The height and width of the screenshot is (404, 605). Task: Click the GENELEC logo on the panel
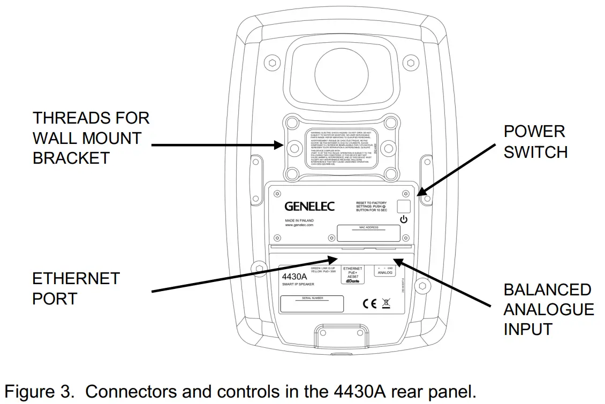pyautogui.click(x=309, y=206)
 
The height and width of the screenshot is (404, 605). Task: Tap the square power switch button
pyautogui.click(x=403, y=206)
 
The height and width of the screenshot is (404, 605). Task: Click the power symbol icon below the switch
pyautogui.click(x=403, y=219)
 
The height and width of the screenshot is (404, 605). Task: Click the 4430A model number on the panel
pyautogui.click(x=294, y=276)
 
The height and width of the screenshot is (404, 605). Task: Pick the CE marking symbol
pyautogui.click(x=369, y=304)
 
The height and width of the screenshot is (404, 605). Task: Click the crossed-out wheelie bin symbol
pyautogui.click(x=385, y=304)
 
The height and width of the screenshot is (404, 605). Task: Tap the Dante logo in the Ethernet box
pyautogui.click(x=352, y=281)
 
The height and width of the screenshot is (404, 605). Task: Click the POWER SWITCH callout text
pyautogui.click(x=535, y=142)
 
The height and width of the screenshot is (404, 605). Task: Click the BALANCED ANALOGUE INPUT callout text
pyautogui.click(x=548, y=310)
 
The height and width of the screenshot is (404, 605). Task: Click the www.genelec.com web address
pyautogui.click(x=299, y=225)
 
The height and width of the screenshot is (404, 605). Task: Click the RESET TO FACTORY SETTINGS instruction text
pyautogui.click(x=371, y=207)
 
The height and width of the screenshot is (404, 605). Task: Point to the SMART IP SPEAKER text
pyautogui.click(x=298, y=285)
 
